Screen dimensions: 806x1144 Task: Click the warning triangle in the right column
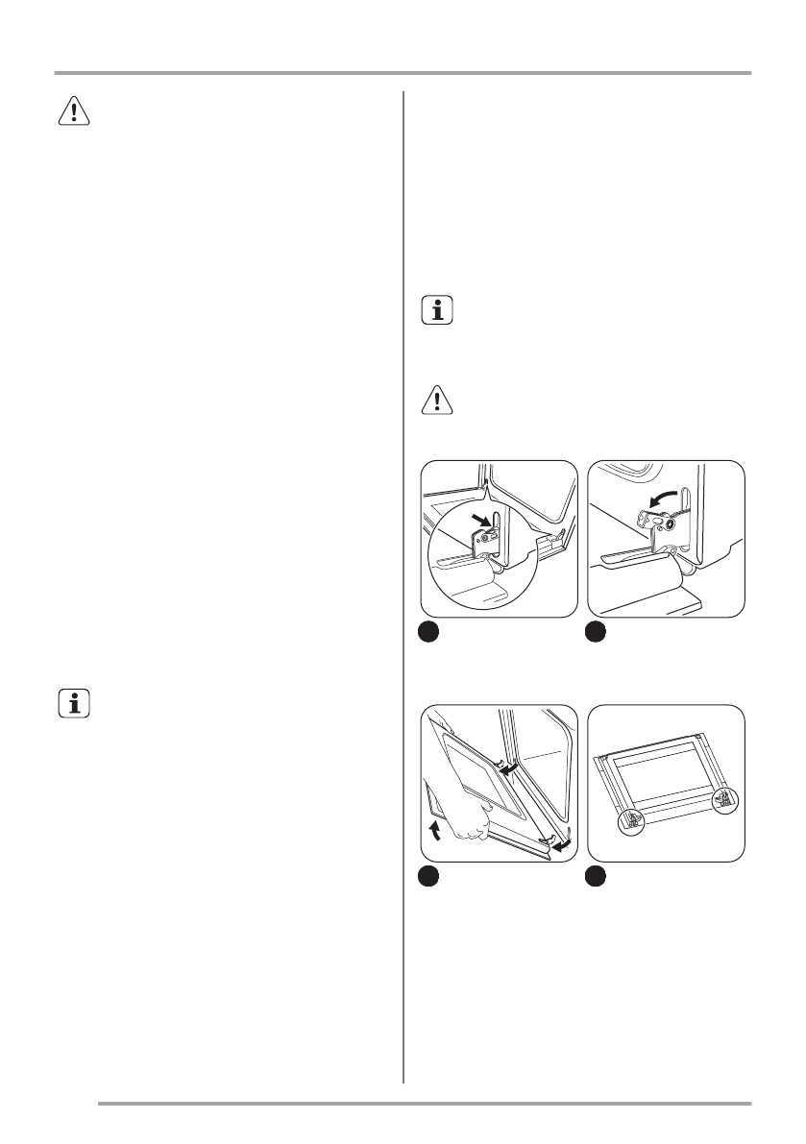tap(437, 400)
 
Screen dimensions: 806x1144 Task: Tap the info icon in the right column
tap(437, 310)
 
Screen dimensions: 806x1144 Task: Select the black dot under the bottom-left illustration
tap(429, 877)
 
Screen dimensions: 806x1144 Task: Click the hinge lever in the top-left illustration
tap(491, 538)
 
